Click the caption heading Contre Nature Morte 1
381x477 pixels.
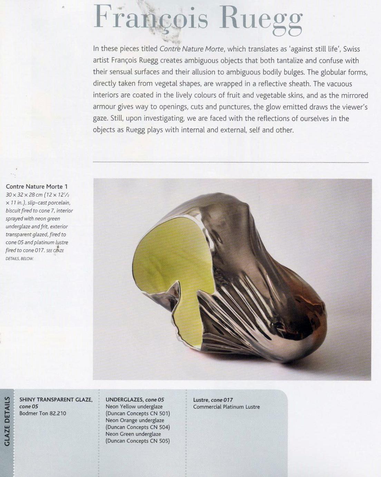37,186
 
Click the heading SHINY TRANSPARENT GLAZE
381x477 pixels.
56,400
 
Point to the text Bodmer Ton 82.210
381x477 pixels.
42,413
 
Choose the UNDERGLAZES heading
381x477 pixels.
124,400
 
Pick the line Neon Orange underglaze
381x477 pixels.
135,420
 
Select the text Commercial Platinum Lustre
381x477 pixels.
226,407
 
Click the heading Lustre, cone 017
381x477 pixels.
213,400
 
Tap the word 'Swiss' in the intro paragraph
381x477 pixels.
351,49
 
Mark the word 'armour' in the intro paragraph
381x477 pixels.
103,107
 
